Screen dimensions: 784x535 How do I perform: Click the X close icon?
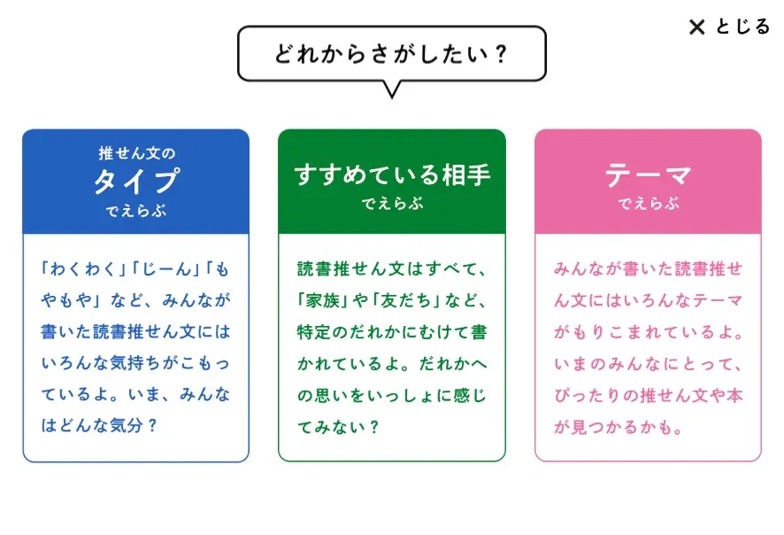pyautogui.click(x=697, y=27)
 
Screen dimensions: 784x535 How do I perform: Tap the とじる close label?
pyautogui.click(x=742, y=27)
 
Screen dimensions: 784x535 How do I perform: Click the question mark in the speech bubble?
pyautogui.click(x=501, y=54)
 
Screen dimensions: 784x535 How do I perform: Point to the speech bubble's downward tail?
pyautogui.click(x=392, y=89)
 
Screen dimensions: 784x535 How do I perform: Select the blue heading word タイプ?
pyautogui.click(x=136, y=182)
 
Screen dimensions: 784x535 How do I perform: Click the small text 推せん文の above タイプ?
pyautogui.click(x=136, y=153)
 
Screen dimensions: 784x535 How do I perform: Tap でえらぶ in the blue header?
pyautogui.click(x=136, y=211)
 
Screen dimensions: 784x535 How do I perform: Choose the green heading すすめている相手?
pyautogui.click(x=392, y=174)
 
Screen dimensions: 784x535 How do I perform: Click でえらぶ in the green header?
pyautogui.click(x=392, y=204)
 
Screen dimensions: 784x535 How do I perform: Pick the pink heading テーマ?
pyautogui.click(x=648, y=175)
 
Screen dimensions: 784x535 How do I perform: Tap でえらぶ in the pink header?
pyautogui.click(x=649, y=204)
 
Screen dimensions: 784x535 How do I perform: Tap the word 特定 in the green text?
pyautogui.click(x=314, y=332)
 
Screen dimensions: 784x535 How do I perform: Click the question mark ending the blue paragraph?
pyautogui.click(x=152, y=426)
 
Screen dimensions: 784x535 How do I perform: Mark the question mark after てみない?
pyautogui.click(x=373, y=427)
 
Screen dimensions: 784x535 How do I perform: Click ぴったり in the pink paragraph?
pyautogui.click(x=587, y=395)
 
